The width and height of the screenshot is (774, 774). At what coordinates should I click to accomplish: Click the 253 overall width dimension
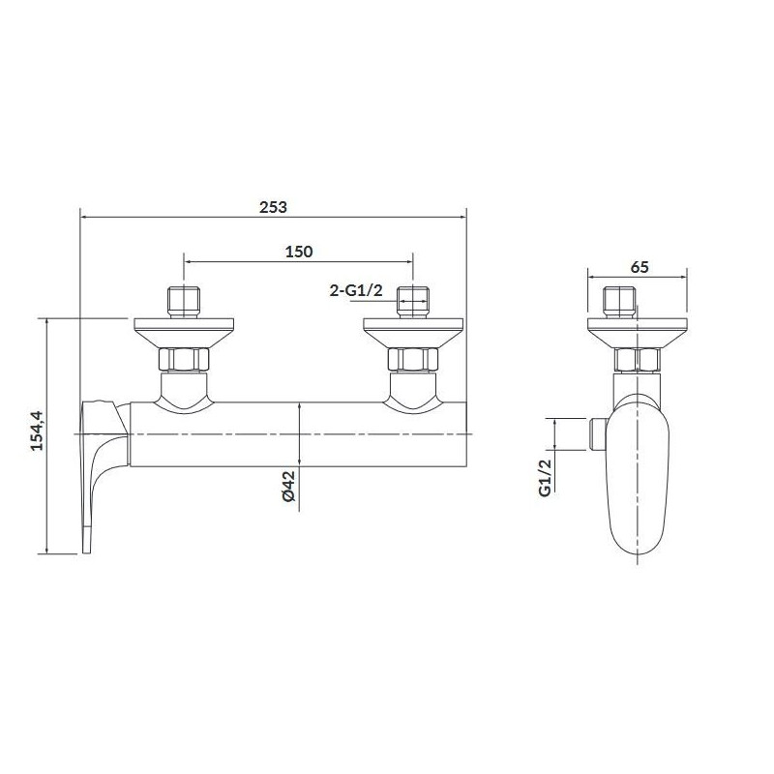pyautogui.click(x=273, y=207)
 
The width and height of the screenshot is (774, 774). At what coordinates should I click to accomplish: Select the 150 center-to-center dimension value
pyautogui.click(x=299, y=252)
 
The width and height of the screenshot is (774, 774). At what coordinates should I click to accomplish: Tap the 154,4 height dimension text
pyautogui.click(x=38, y=431)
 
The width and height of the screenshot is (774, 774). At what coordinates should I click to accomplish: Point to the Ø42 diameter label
pyautogui.click(x=288, y=487)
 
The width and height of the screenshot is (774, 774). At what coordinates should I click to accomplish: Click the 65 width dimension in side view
pyautogui.click(x=640, y=267)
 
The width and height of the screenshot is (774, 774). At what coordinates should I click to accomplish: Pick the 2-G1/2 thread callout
pyautogui.click(x=356, y=290)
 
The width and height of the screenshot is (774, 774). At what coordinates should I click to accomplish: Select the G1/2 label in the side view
pyautogui.click(x=544, y=477)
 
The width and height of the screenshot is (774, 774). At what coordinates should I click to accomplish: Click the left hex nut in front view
pyautogui.click(x=184, y=359)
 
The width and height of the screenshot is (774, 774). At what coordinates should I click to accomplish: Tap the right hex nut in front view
pyautogui.click(x=413, y=359)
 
